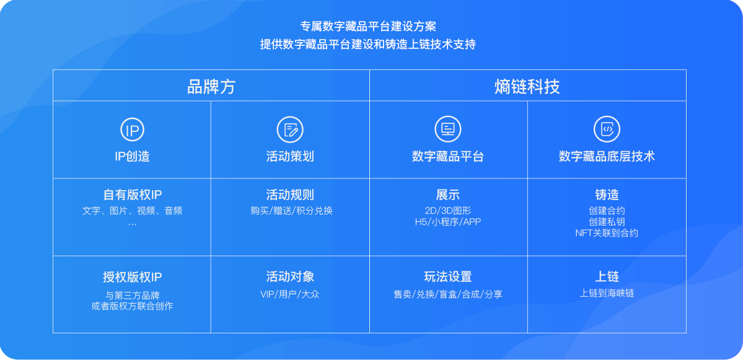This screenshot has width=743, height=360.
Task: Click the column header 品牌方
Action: [211, 87]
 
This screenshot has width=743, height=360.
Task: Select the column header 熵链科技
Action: [527, 87]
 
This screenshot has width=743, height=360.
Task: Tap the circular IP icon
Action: [132, 130]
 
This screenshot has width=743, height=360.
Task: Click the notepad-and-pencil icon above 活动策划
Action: [290, 130]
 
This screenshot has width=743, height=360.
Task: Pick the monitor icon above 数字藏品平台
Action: [448, 129]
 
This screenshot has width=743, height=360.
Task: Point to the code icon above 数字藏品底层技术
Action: [607, 129]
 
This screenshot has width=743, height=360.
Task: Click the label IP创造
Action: [132, 156]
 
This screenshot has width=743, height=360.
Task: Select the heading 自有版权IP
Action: [132, 195]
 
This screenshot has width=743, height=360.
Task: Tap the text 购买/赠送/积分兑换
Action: [291, 211]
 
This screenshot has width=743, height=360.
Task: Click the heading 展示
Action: [448, 195]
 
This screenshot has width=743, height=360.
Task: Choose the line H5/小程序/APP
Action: [448, 222]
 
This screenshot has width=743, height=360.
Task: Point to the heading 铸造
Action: [607, 195]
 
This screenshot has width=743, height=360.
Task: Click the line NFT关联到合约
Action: [607, 233]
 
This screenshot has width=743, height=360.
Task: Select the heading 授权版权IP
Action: [132, 276]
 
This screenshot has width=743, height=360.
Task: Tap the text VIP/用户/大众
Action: [290, 294]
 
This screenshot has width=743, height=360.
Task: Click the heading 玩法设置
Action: [448, 276]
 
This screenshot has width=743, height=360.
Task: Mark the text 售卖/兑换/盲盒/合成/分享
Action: [448, 294]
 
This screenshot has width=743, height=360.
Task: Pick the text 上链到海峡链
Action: [607, 293]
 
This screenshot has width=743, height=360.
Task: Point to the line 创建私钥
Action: [607, 222]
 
